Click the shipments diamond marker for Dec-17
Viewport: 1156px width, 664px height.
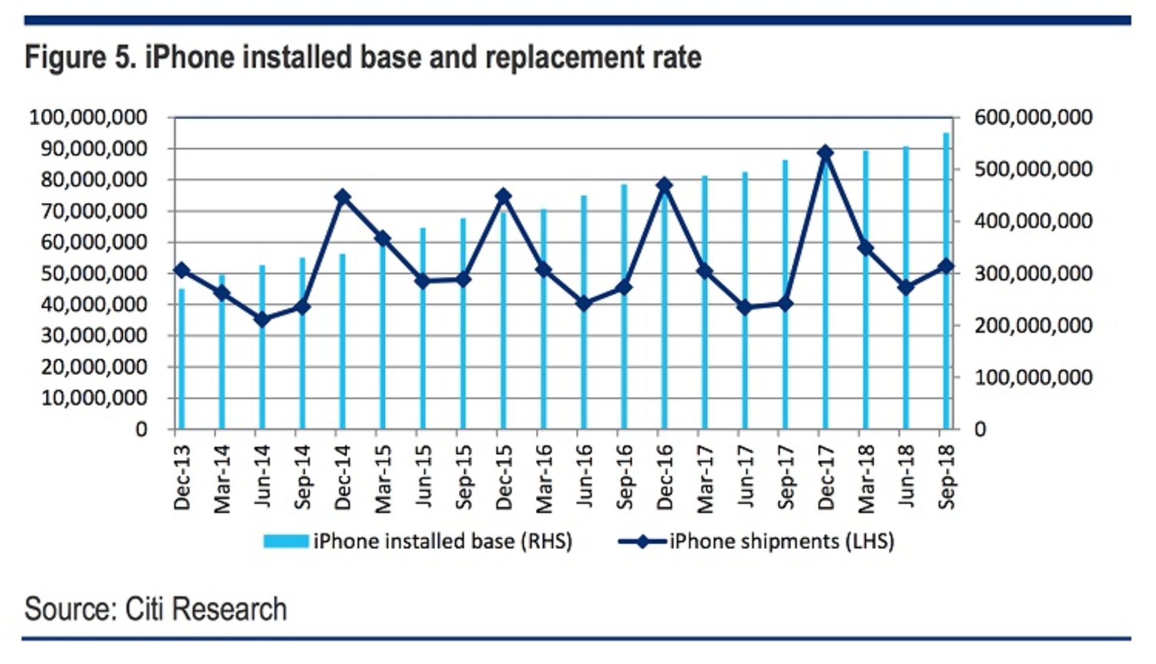[825, 153]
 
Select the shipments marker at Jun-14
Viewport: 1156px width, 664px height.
[262, 320]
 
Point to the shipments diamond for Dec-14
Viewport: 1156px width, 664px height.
[343, 197]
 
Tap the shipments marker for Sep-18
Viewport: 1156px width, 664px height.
[946, 266]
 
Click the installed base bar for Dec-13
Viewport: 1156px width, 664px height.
[182, 359]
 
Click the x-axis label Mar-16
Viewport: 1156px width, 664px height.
[544, 479]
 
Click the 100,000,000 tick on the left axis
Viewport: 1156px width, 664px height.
[88, 117]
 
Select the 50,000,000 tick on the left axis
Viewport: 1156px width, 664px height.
[94, 274]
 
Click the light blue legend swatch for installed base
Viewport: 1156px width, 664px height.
[286, 541]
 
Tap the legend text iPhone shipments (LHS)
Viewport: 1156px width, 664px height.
[782, 541]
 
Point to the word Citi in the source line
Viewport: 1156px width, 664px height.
[144, 609]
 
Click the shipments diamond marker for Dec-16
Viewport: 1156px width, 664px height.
[664, 185]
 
